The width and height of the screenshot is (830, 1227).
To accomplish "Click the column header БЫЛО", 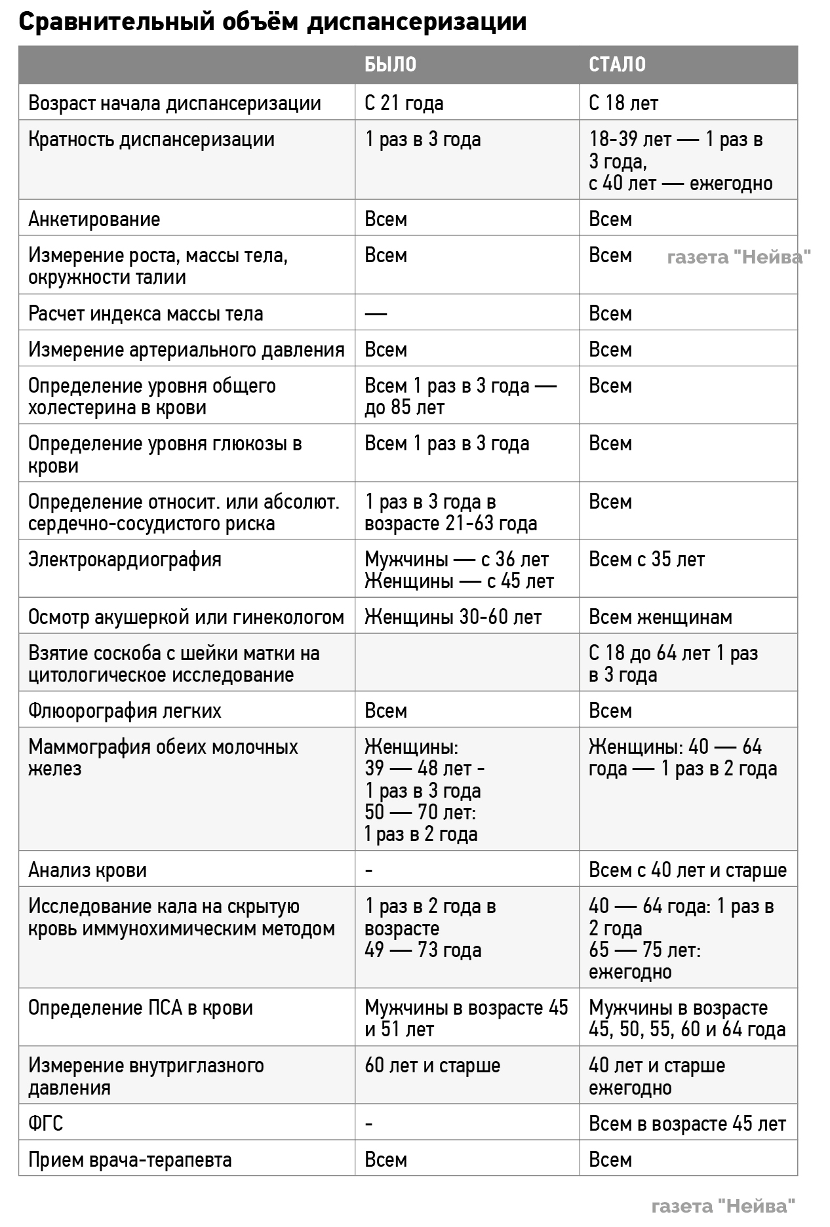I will [390, 64].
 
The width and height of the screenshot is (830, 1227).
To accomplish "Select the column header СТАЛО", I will [617, 64].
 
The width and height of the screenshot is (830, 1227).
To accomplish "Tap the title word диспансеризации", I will [418, 22].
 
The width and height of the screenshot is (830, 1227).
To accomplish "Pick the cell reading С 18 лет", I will [623, 103].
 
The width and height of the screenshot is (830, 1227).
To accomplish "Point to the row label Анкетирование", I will [94, 219].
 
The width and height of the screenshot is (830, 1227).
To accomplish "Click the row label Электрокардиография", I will [125, 559].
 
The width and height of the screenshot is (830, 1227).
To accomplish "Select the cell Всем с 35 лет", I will [646, 559].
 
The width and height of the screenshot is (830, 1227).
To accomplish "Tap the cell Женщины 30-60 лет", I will [453, 617].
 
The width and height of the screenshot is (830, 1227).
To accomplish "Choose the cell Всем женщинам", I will [660, 617].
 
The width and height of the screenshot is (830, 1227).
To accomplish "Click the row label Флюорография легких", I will [125, 711].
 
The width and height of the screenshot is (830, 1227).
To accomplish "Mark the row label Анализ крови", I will [87, 870].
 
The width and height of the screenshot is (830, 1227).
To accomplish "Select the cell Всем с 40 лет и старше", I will [687, 870].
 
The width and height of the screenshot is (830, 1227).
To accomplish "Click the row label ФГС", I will [46, 1123].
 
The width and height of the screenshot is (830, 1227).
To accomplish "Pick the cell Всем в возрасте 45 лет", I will [687, 1123].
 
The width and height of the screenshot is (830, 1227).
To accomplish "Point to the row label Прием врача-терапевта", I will [130, 1159].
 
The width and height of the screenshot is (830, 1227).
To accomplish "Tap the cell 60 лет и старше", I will [432, 1065].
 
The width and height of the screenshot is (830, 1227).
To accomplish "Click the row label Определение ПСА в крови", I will [140, 1007].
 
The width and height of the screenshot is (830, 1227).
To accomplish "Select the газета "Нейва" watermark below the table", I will [724, 1205].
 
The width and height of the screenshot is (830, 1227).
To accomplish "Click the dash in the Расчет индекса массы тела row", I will [376, 313].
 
